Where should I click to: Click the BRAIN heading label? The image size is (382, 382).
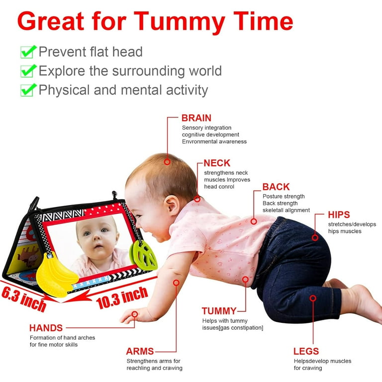pos(196,118)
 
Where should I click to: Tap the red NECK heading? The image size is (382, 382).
pos(217,163)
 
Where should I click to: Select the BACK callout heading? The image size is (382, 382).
pos(276,187)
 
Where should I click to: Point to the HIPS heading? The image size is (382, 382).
pos(339,215)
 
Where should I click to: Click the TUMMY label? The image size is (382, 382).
pos(219,311)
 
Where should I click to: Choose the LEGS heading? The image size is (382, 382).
pos(306,351)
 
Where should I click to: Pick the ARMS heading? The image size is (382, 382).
pos(140,351)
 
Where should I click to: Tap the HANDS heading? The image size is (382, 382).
pos(46,328)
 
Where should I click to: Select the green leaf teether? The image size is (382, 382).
pos(143,255)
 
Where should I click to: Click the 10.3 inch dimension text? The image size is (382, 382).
pos(122,298)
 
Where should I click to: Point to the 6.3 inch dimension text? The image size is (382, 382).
pos(24,298)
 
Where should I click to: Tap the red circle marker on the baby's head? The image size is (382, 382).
pos(167,162)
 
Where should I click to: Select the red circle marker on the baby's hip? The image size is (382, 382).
pos(315,238)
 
